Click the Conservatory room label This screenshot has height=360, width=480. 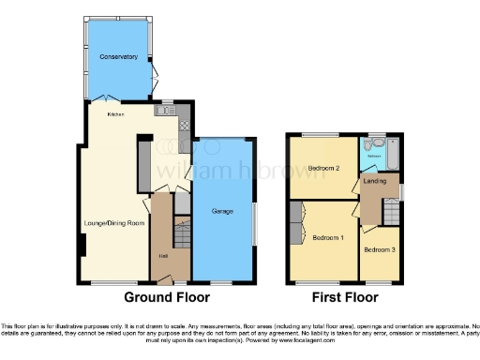coord(119,57)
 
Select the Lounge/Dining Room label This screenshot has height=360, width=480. coord(112,223)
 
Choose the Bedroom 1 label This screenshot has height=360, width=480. coord(328,237)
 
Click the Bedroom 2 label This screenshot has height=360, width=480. coord(324,169)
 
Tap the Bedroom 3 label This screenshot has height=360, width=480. coord(380,249)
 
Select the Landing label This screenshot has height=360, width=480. coord(377,180)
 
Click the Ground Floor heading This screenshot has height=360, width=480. coord(165,298)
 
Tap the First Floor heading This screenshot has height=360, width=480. coord(346,298)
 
